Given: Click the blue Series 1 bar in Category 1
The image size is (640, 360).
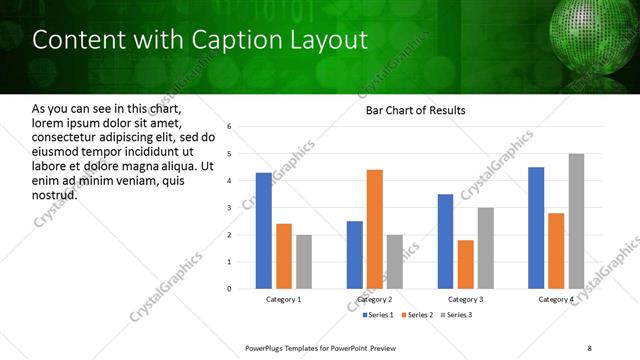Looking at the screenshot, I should [264, 231].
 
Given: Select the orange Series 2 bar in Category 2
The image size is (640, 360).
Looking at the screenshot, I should [375, 229].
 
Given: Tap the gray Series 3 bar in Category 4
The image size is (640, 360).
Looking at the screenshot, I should [576, 221].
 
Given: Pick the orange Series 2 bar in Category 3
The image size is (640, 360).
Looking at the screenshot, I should [465, 264].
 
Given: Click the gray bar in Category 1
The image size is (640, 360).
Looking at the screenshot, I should [304, 262].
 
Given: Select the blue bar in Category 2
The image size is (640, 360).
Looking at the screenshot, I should [355, 255].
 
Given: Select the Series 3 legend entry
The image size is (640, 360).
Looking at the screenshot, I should [456, 315].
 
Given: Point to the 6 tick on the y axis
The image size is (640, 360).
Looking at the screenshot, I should [229, 127].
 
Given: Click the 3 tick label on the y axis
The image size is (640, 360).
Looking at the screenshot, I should [229, 208].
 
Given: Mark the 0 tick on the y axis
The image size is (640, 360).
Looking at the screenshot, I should [229, 289].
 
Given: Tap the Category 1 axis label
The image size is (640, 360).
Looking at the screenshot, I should [284, 299].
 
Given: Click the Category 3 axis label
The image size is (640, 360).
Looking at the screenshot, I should [465, 299].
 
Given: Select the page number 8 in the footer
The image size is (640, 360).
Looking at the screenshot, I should [589, 348].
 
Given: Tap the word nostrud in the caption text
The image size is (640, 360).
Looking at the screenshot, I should [55, 194].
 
